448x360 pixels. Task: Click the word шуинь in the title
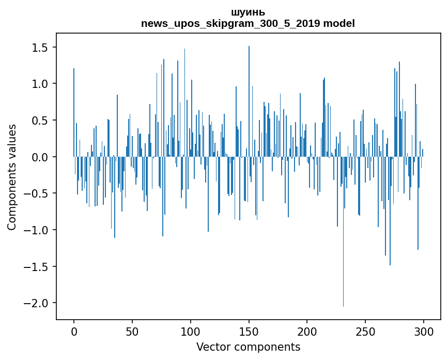point(248,12)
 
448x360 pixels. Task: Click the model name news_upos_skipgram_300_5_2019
point(230,24)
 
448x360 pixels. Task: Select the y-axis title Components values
point(12,177)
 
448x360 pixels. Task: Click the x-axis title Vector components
point(248,347)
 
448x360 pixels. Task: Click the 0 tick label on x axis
point(74,331)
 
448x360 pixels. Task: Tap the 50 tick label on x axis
point(132,331)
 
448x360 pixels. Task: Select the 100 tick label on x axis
point(191,331)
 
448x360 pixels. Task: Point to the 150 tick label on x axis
point(249,331)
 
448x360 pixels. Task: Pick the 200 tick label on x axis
point(307,331)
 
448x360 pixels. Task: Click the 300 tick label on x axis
point(424,331)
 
